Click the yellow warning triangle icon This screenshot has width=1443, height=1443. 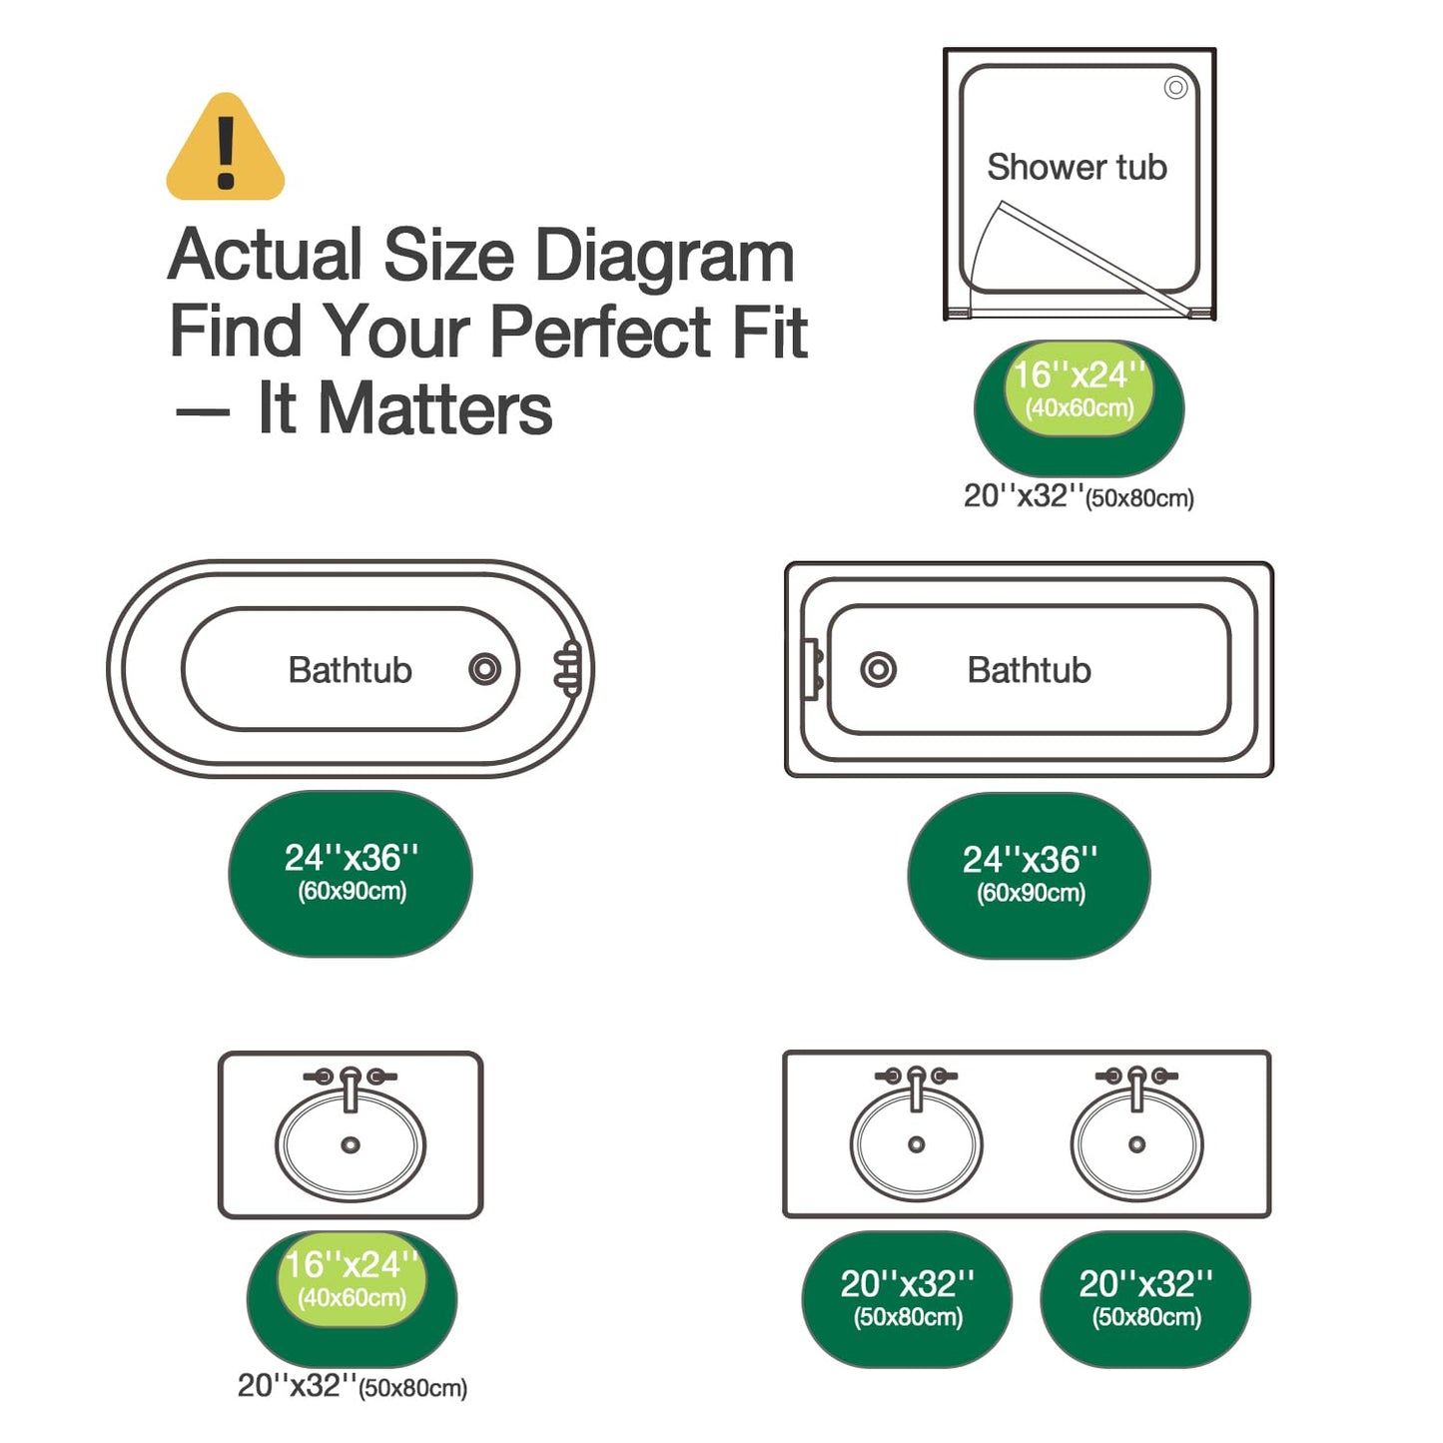coord(225,148)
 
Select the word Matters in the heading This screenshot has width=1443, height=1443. coord(435,408)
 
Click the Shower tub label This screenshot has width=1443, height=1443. coord(1077,166)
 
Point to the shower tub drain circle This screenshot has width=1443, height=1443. coord(1175,88)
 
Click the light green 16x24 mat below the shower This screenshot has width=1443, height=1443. coord(1079,387)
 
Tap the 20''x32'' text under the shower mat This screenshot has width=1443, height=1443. coord(1023,495)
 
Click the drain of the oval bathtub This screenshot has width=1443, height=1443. coord(484,668)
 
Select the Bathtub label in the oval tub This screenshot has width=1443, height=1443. coord(350,669)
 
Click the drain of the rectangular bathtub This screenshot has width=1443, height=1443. coord(878,669)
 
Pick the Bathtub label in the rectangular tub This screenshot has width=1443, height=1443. coord(1029,669)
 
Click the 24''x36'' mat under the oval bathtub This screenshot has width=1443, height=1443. coord(351,873)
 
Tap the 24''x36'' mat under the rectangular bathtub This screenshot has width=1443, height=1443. coord(1029,876)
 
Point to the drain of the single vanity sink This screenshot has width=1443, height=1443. coord(350,1145)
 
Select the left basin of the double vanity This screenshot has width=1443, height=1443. coord(916,1143)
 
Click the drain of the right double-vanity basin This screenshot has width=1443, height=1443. coord(1136,1144)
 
